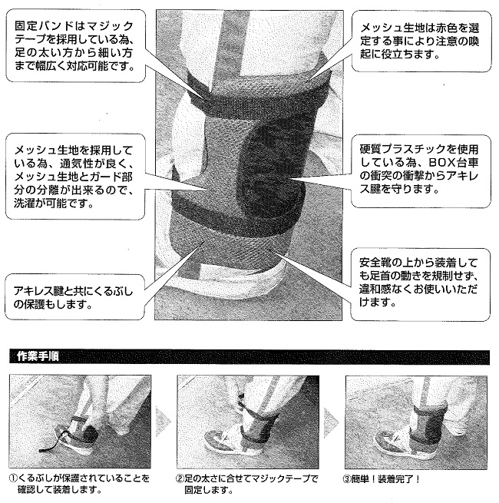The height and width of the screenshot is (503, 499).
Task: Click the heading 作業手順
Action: point(38,356)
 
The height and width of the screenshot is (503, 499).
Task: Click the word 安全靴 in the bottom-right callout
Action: point(376,263)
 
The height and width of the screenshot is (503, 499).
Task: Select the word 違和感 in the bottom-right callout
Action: point(376,289)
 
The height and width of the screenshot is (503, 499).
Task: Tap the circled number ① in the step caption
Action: point(13,478)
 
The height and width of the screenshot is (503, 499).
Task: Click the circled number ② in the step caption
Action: point(180,479)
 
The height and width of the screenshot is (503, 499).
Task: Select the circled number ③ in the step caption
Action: point(347,479)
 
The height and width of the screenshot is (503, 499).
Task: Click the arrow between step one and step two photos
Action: point(162,422)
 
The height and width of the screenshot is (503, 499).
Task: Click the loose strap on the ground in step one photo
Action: point(50,445)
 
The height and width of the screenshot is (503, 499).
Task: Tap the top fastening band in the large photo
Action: point(256,93)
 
